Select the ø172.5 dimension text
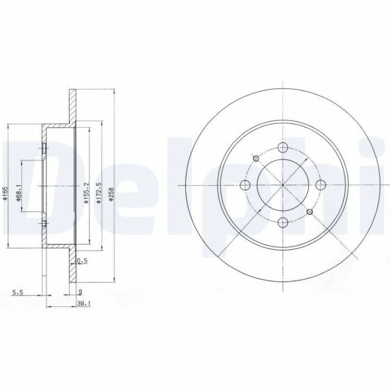99,193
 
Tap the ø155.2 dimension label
86,193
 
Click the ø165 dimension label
5,193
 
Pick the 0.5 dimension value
83,261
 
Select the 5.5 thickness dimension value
17,292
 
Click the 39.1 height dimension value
84,304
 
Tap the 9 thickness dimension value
80,292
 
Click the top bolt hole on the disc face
283,147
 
